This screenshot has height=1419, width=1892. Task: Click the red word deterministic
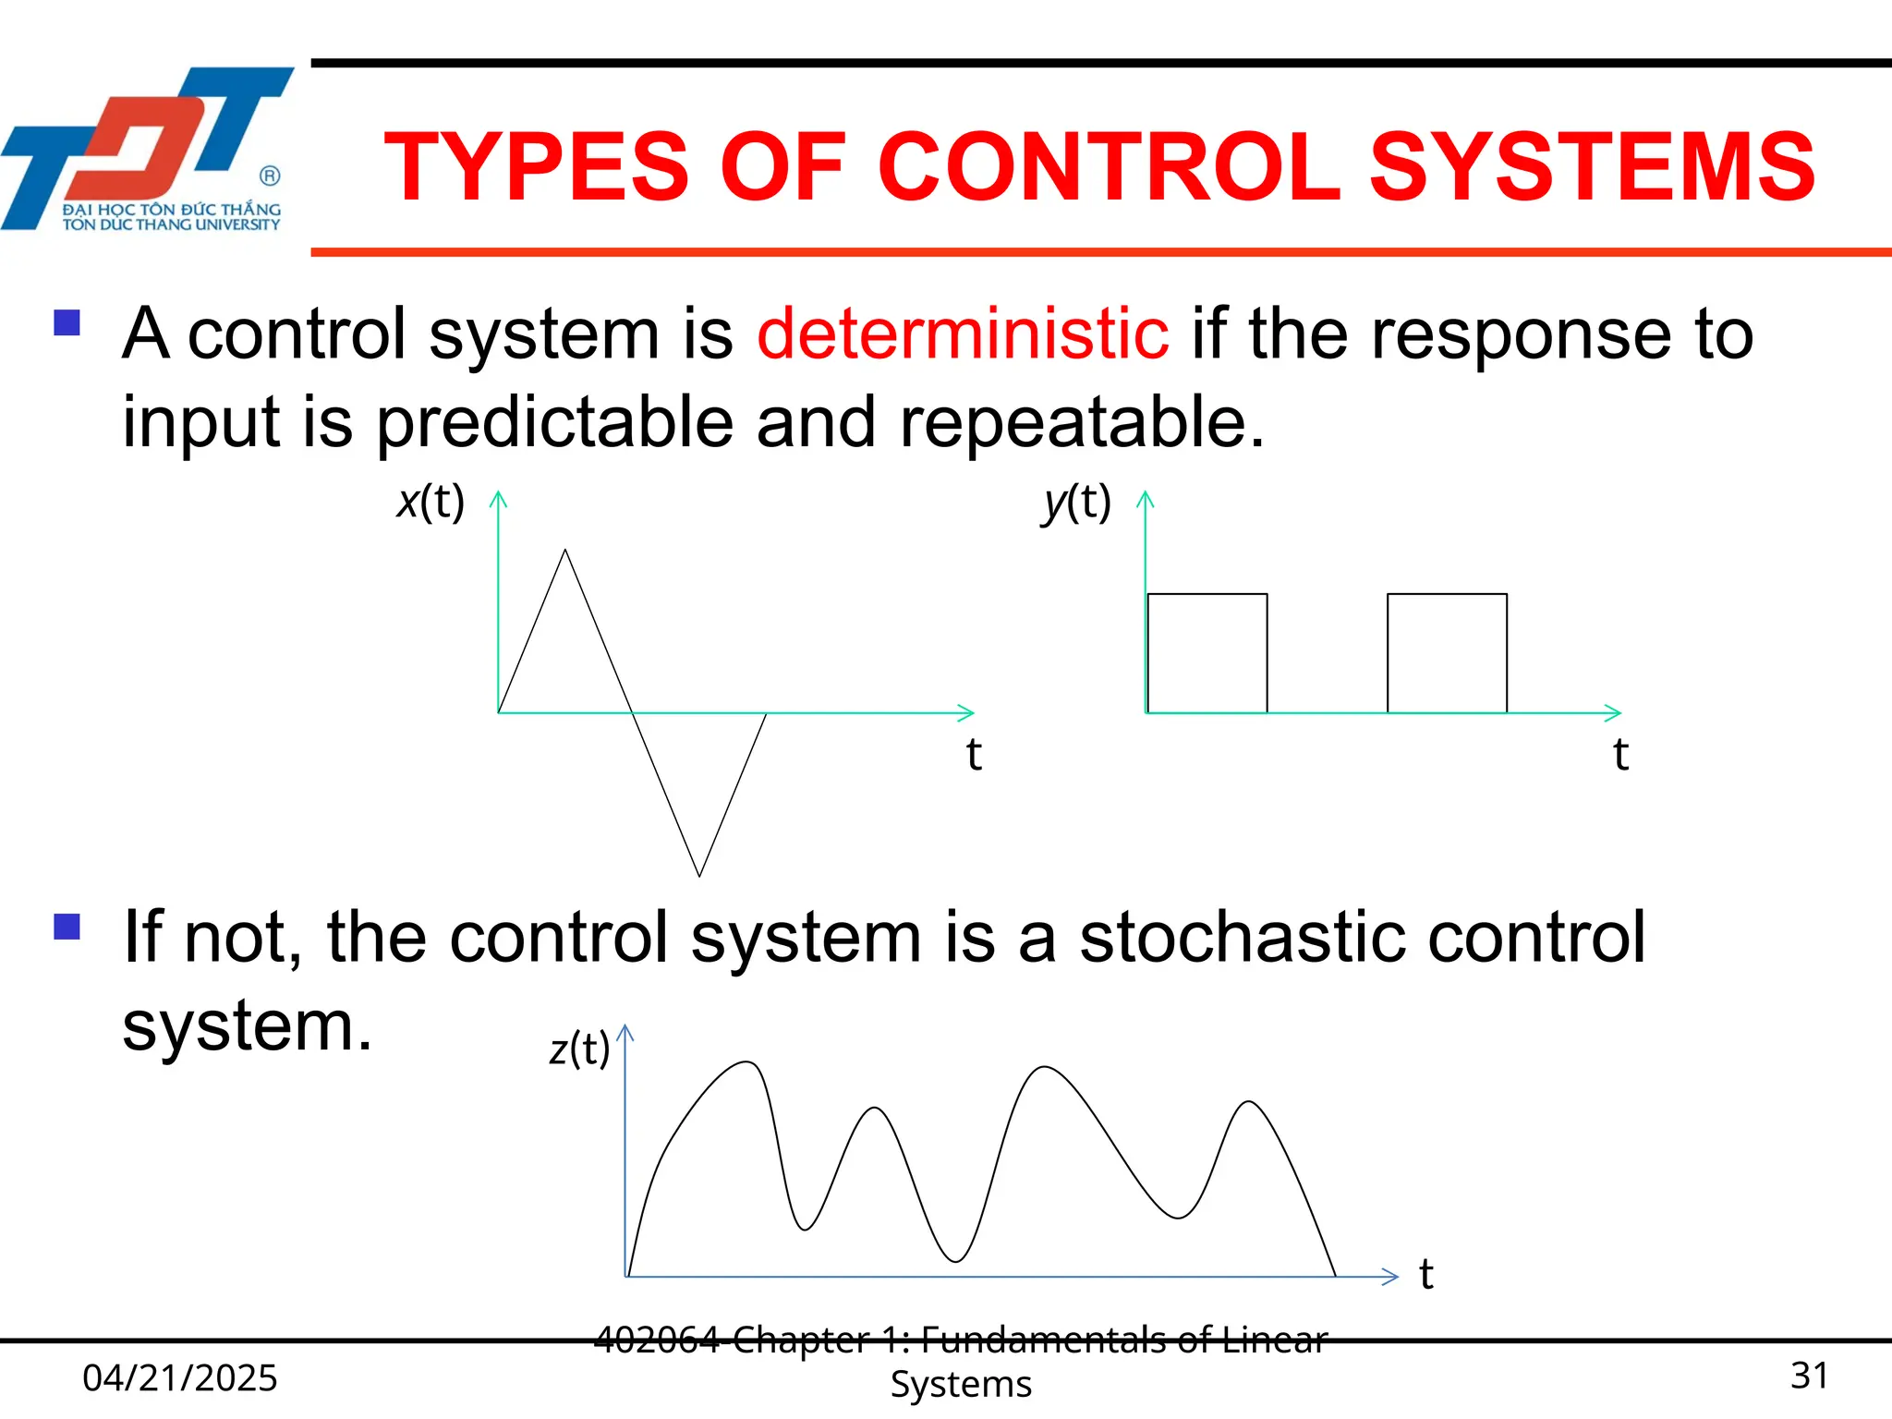pos(963,334)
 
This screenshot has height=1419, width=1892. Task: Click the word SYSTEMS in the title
pos(1592,167)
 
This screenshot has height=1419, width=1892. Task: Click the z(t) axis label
pos(579,1049)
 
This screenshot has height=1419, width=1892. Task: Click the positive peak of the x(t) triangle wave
pos(565,552)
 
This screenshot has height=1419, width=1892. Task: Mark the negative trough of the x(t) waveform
pos(699,873)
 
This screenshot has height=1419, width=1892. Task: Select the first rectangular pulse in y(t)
pos(1207,653)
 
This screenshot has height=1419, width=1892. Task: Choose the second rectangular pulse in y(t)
pos(1447,653)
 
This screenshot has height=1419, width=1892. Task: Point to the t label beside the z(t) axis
pos(1425,1275)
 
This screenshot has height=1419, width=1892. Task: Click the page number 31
pos(1809,1376)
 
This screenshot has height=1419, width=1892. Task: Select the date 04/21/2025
pos(180,1377)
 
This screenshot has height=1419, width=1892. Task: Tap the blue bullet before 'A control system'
pos(67,322)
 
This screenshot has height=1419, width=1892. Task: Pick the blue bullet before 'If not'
pos(67,927)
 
